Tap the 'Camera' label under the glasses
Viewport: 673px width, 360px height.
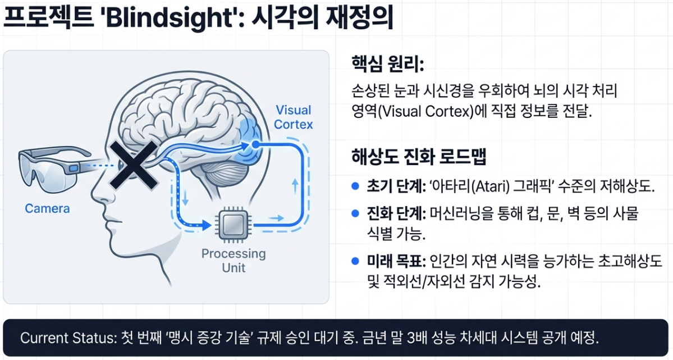tap(47, 208)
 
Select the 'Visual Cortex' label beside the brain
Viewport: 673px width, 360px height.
tap(293, 117)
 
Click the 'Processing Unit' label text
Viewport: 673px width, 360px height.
tap(233, 260)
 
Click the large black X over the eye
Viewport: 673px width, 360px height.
tap(132, 165)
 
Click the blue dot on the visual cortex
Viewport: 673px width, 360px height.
tap(255, 144)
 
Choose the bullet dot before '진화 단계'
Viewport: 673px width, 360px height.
tap(354, 213)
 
